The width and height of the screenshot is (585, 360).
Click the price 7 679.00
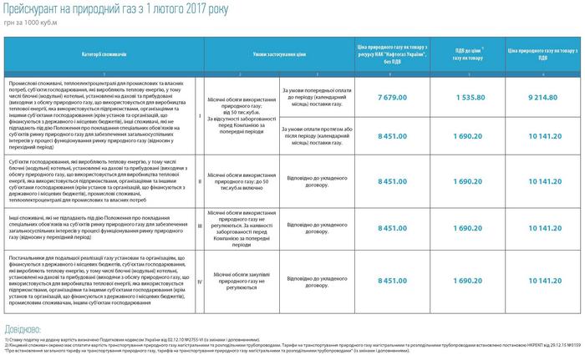(392, 98)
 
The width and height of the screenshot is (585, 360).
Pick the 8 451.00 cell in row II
(392, 180)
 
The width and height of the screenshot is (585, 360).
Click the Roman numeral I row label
(199, 116)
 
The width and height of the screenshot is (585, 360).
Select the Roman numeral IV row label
(199, 281)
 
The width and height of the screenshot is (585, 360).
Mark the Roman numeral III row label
(199, 226)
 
